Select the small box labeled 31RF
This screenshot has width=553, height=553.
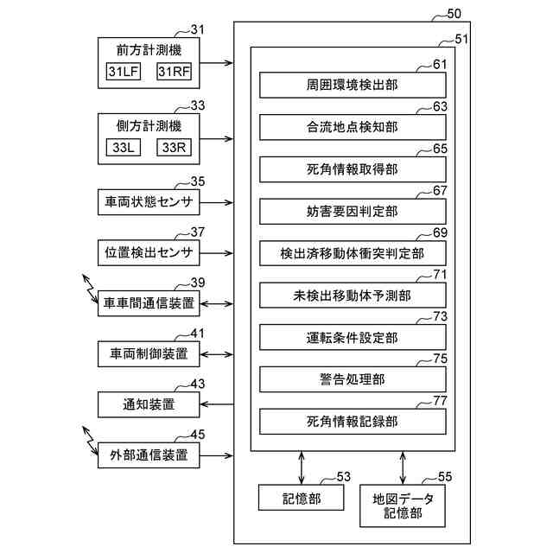[174, 73]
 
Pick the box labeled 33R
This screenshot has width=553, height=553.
[174, 148]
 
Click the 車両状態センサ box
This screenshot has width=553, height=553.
[149, 203]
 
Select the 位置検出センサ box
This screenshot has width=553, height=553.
[149, 253]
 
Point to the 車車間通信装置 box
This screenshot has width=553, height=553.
[149, 303]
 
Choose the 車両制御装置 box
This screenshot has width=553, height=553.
[149, 353]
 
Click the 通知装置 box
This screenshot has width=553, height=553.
[149, 404]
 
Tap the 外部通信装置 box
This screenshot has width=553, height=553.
[149, 454]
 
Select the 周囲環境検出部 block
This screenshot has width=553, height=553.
[353, 86]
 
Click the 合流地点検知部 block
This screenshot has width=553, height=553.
[353, 127]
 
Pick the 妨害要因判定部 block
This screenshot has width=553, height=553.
[353, 211]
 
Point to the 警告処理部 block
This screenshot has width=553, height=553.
[353, 379]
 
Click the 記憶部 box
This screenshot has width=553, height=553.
[301, 498]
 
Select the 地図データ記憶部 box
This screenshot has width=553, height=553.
[404, 505]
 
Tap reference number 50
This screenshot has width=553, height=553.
[454, 15]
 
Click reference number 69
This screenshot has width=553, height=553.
[440, 233]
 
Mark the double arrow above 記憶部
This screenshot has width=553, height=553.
[301, 467]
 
